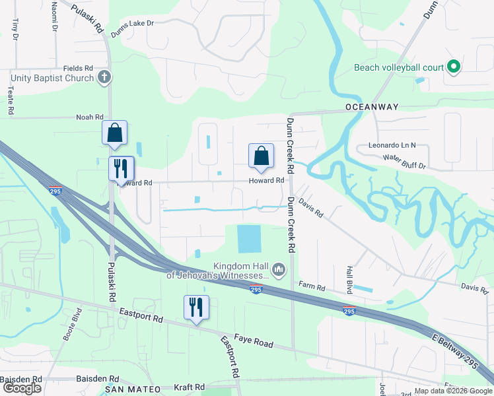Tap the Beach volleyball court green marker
(453, 67)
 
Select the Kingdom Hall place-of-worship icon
(278, 269)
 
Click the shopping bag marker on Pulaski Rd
(115, 133)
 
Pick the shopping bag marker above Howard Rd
(262, 156)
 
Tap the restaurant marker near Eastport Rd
(196, 307)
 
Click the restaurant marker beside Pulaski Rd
(121, 168)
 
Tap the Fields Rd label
(78, 68)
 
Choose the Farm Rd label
(312, 287)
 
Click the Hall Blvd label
(349, 280)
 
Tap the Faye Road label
(255, 344)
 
